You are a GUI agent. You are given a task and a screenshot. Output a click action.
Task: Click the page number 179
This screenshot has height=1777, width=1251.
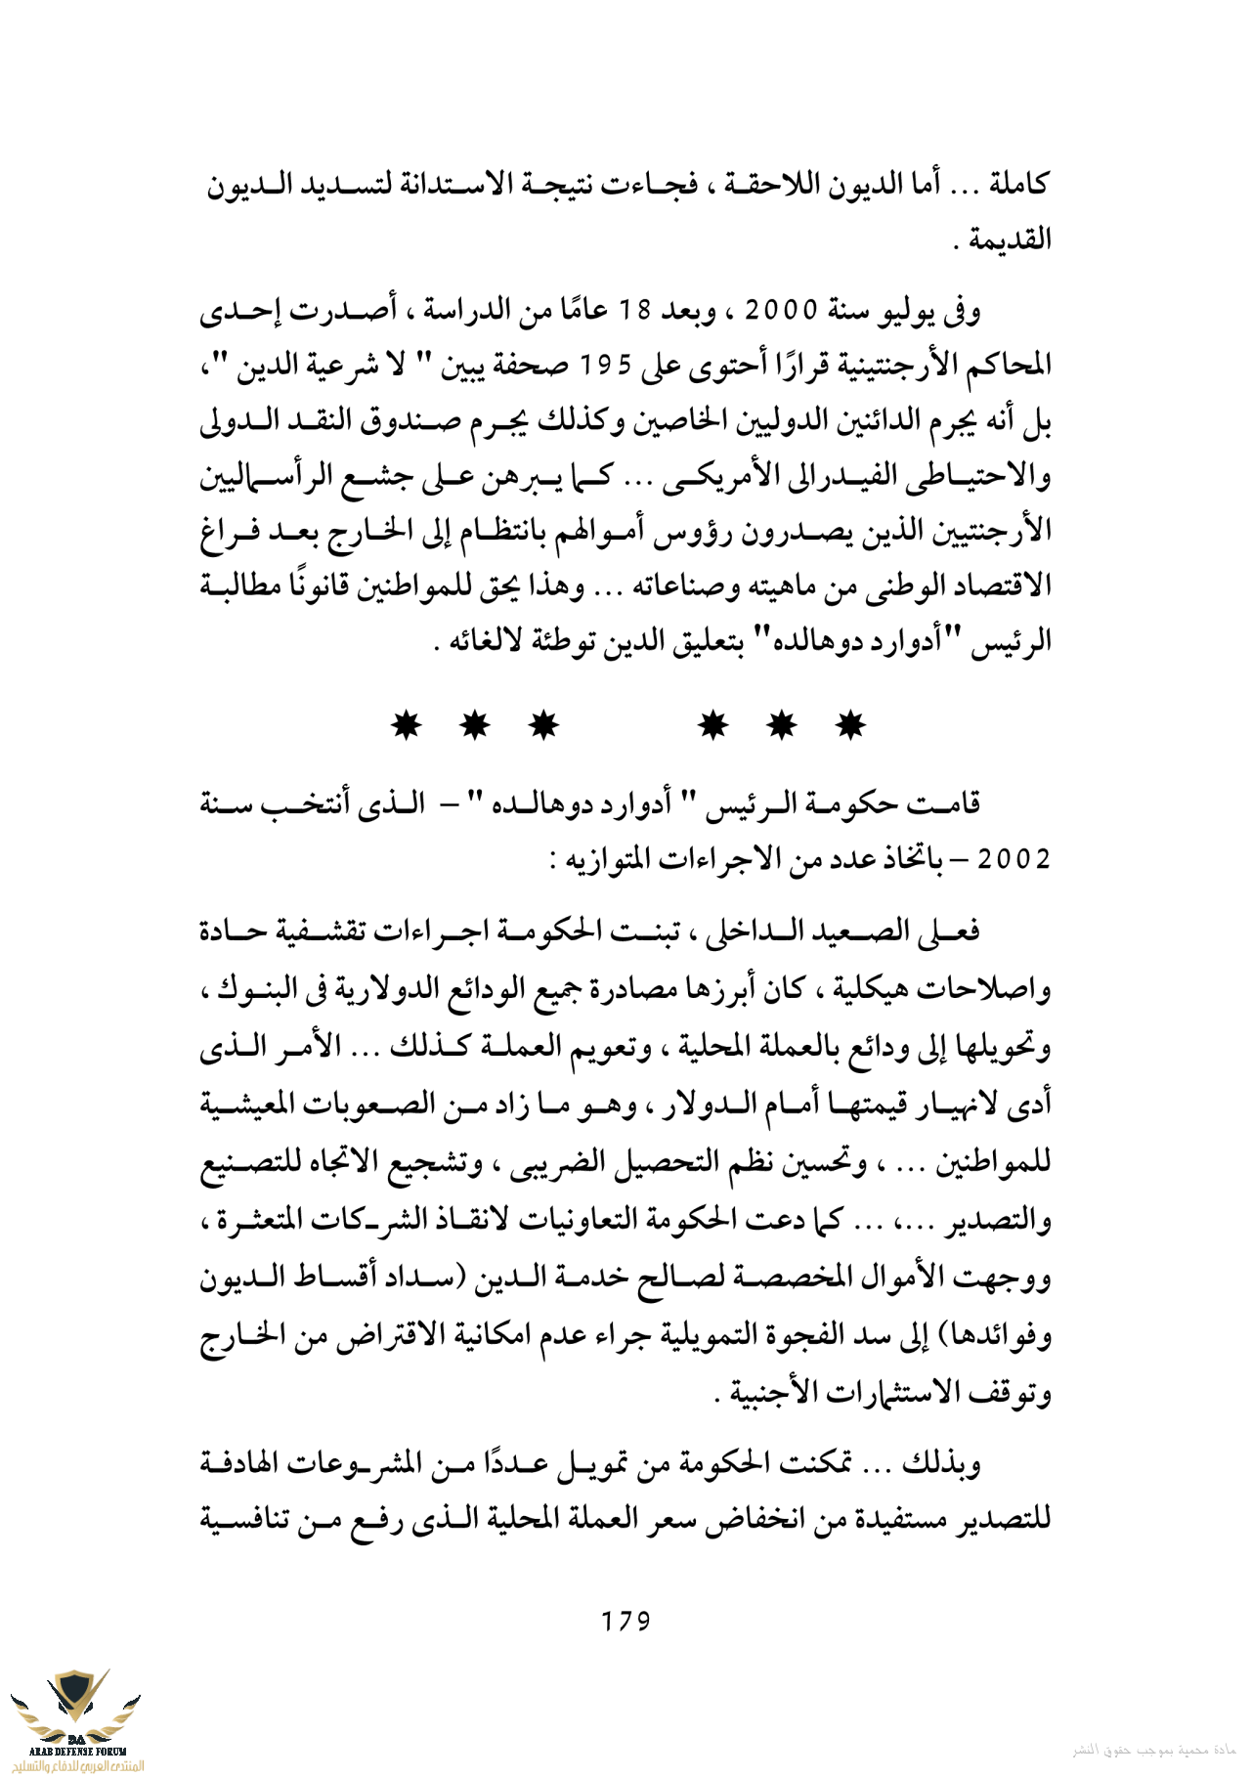[x=625, y=1621]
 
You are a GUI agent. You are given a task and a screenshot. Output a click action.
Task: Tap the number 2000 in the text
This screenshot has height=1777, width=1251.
[x=781, y=312]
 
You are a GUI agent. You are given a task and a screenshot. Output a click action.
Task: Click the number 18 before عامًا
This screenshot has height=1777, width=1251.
[x=636, y=312]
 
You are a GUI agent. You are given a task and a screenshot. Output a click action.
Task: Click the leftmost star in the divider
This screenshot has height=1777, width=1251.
[x=406, y=725]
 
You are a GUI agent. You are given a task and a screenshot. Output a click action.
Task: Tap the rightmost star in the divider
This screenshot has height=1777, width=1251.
[x=851, y=725]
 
